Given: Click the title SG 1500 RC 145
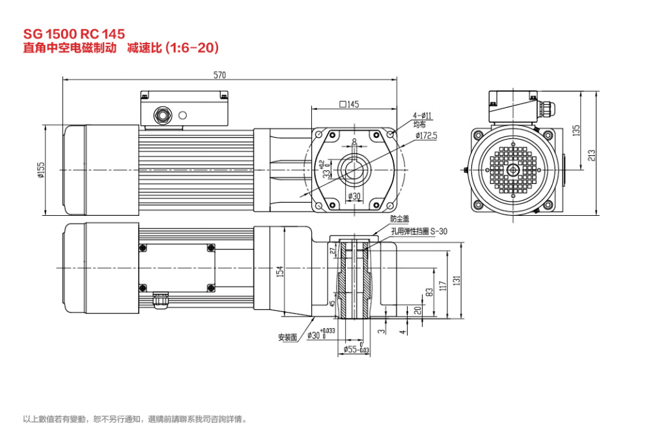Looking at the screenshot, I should point(74,33).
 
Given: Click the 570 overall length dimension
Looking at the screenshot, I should point(220,75).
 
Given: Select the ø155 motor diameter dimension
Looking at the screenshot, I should point(40,170).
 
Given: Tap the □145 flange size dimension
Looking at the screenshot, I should point(349,104).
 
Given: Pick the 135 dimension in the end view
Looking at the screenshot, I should point(576,130).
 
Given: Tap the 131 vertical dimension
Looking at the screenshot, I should point(457,280).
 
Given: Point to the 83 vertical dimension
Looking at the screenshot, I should point(429,293).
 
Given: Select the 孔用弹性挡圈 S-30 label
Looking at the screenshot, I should point(419,231).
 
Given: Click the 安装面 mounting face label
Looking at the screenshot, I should point(287,337).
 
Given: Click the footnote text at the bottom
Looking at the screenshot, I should point(135,419).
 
